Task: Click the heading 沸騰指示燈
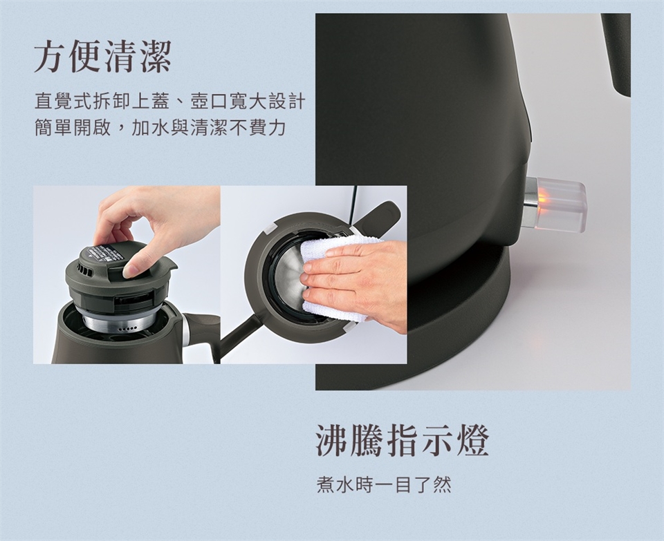click(x=403, y=441)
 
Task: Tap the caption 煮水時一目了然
click(x=384, y=485)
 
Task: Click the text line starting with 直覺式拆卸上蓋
click(x=170, y=102)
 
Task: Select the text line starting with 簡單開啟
click(x=160, y=128)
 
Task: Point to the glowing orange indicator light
click(x=542, y=197)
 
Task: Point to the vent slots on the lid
click(x=84, y=271)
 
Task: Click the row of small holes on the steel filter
click(x=127, y=329)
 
